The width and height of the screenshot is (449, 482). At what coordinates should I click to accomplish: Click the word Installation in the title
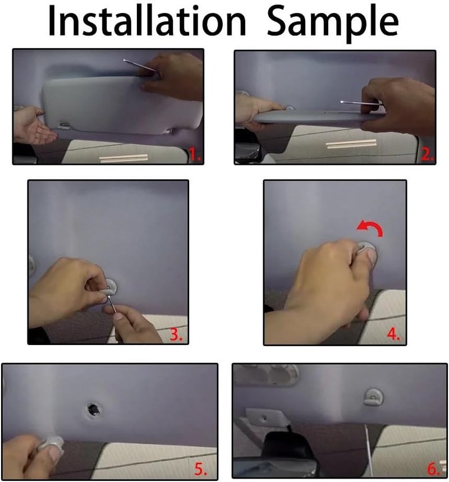coord(146,21)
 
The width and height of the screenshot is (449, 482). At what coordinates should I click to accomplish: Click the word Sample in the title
coord(333,21)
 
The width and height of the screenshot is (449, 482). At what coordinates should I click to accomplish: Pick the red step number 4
coord(393,335)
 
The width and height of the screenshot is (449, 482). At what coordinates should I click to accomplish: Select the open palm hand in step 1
coord(34,126)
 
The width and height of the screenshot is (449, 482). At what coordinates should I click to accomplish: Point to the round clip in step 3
coord(111,287)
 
